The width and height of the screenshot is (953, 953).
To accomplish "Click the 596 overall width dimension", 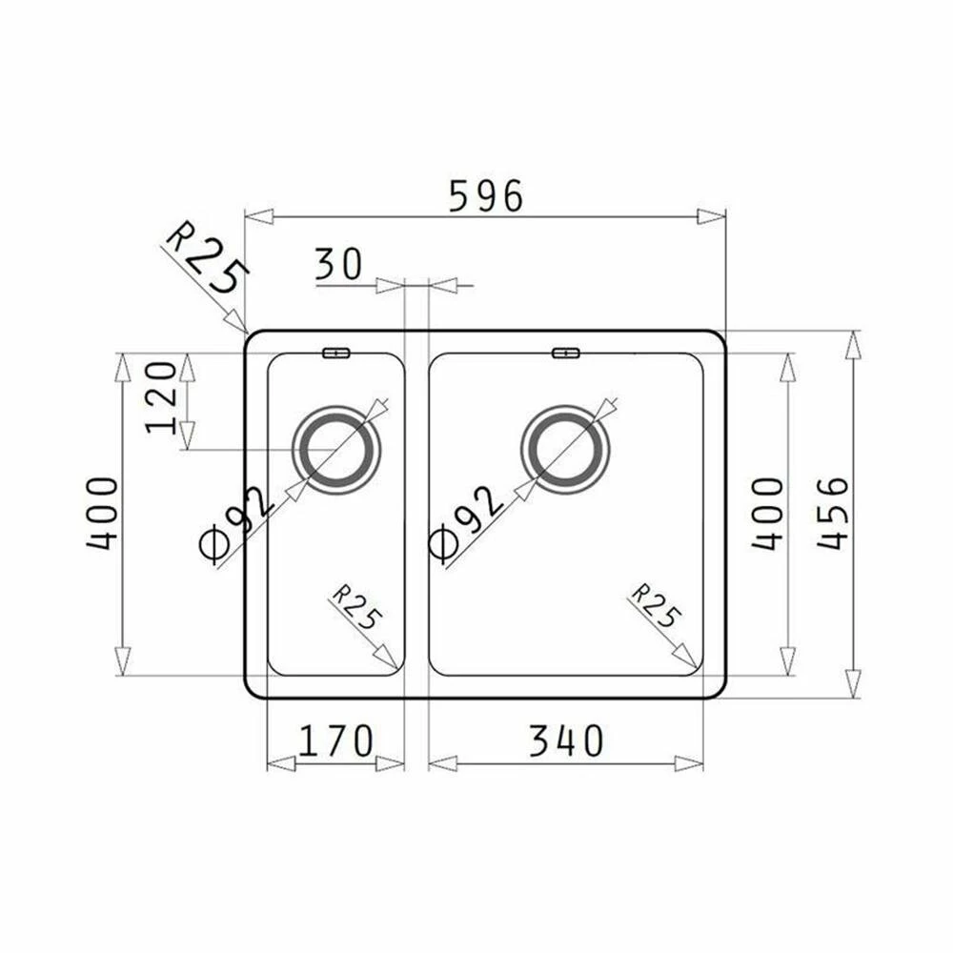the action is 486,195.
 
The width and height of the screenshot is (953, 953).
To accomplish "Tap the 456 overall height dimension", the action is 833,514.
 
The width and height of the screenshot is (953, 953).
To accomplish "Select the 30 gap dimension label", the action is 338,264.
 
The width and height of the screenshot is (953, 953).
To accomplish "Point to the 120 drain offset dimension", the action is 162,397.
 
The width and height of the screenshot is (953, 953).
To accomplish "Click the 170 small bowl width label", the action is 335,740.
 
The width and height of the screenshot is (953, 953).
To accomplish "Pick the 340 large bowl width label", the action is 566,740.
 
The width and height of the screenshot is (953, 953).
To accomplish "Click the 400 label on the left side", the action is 102,515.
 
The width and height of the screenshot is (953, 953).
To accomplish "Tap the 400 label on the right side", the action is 767,515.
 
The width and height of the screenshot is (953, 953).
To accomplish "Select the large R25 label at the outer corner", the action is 207,257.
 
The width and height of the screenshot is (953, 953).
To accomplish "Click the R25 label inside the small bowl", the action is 356,606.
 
